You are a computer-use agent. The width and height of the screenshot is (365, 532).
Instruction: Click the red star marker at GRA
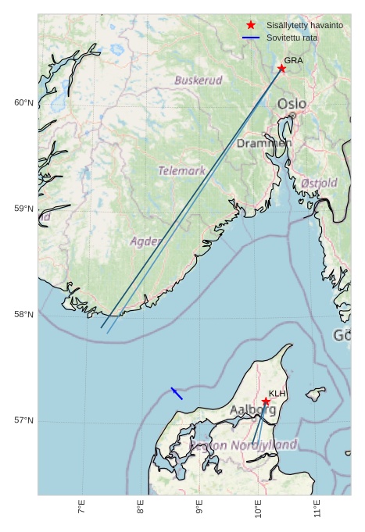[281, 69]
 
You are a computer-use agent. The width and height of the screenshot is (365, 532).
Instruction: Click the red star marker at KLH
[266, 402]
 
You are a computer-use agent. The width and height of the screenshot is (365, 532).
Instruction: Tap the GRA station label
[293, 60]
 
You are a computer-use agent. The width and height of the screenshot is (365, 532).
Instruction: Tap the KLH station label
[277, 394]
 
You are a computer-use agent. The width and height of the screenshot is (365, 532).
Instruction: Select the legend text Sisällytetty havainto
[304, 26]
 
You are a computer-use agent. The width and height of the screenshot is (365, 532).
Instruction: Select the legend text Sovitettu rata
[292, 37]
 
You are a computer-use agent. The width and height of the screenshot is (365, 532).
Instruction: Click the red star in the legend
[251, 26]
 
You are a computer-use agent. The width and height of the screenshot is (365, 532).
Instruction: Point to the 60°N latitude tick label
[23, 103]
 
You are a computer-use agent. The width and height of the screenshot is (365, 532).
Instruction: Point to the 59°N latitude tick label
[23, 209]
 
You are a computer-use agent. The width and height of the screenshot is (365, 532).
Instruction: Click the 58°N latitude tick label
[23, 315]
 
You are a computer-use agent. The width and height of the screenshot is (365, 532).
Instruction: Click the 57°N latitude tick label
[23, 420]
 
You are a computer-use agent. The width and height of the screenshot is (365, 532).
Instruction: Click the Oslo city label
[292, 104]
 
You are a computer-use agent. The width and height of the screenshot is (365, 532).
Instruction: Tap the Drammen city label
[264, 144]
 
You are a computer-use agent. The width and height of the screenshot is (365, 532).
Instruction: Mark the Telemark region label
[181, 170]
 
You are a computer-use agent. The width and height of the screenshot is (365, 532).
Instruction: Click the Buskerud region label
[198, 80]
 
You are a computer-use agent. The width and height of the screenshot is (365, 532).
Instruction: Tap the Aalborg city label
[252, 409]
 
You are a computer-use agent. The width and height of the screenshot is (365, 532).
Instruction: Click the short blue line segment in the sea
[177, 394]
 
